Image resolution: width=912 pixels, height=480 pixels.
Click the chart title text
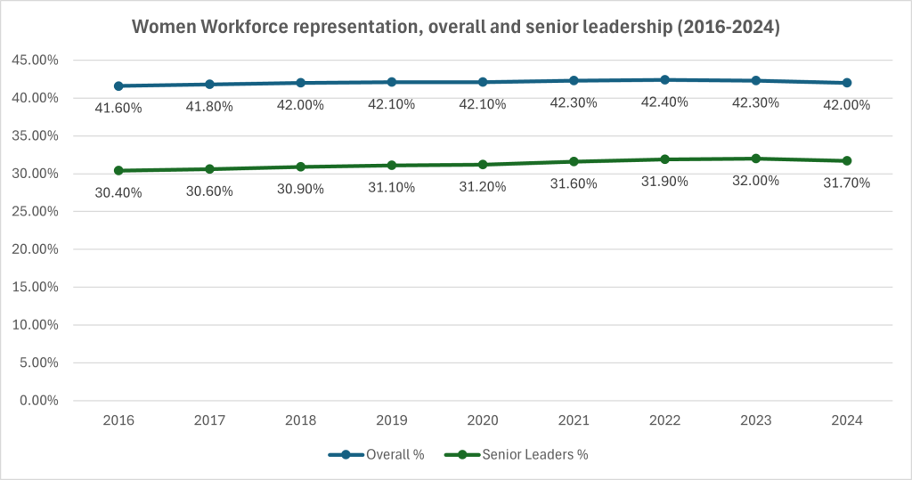(x=456, y=28)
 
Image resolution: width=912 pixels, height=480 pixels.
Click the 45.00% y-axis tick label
(x=34, y=61)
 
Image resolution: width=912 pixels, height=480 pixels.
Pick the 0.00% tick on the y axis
(x=37, y=401)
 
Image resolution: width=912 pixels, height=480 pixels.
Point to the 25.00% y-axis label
(x=34, y=212)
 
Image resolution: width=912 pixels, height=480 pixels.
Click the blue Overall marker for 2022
(x=664, y=80)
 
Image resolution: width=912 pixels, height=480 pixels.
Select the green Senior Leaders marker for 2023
(x=755, y=159)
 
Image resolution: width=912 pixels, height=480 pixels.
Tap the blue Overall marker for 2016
(x=118, y=85)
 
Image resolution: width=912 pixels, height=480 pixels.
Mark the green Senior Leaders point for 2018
(x=300, y=167)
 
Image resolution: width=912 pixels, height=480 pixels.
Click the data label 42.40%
(x=664, y=102)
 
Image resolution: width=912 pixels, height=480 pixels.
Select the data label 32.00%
(x=755, y=180)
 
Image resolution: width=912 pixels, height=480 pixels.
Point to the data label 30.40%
(x=118, y=192)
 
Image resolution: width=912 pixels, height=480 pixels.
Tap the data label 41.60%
(x=118, y=107)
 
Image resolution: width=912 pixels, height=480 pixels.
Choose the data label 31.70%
(x=847, y=183)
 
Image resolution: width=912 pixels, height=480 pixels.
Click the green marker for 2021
(x=574, y=161)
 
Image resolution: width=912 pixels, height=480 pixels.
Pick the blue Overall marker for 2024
(x=847, y=83)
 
